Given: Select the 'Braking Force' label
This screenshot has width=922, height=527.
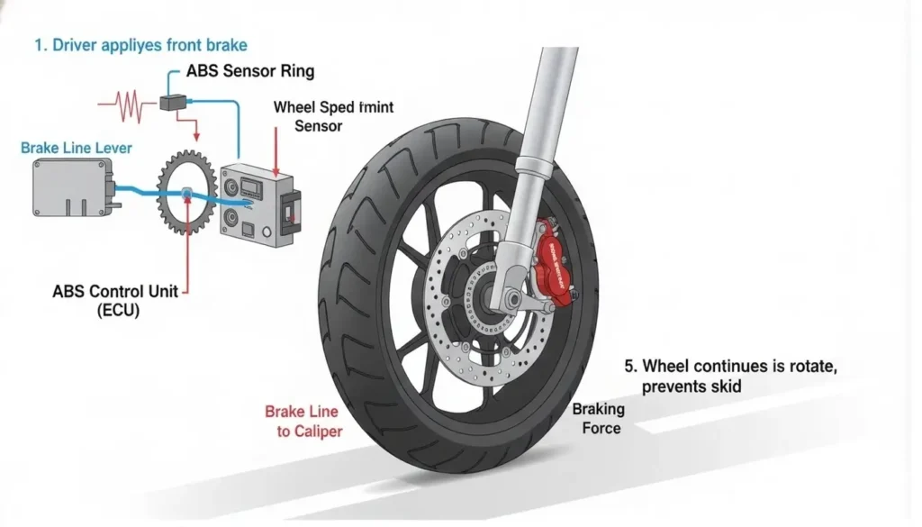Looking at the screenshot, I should click(599, 418).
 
